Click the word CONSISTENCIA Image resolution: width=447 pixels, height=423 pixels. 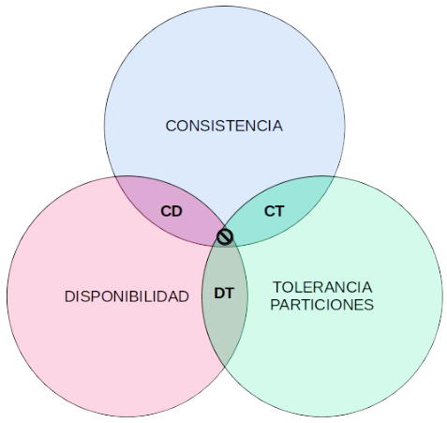pos(224,126)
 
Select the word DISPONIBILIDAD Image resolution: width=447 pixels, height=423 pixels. pos(127,296)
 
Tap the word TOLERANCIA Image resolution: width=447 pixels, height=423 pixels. pos(322,287)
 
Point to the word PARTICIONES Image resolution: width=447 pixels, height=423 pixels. pos(322,305)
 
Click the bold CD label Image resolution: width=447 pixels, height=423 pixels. pos(171,211)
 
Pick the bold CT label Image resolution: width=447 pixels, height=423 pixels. pos(275,211)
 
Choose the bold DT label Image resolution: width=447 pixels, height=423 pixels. pos(224,294)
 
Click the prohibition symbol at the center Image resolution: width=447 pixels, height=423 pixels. pos(225,236)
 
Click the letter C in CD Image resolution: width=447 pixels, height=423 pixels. pos(166,211)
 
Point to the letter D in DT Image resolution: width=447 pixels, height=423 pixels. pos(219,294)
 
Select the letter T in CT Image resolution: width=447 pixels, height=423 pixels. pos(280,211)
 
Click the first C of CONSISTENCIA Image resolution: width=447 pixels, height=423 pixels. pos(171,126)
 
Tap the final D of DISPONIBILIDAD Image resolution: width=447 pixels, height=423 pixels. pos(184,296)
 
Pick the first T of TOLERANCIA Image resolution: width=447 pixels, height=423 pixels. pos(277,287)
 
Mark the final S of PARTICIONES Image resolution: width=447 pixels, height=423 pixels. pos(369,305)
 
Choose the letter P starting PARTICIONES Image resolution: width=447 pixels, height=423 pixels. pos(275,305)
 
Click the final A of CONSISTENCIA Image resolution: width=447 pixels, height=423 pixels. pos(277,126)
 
